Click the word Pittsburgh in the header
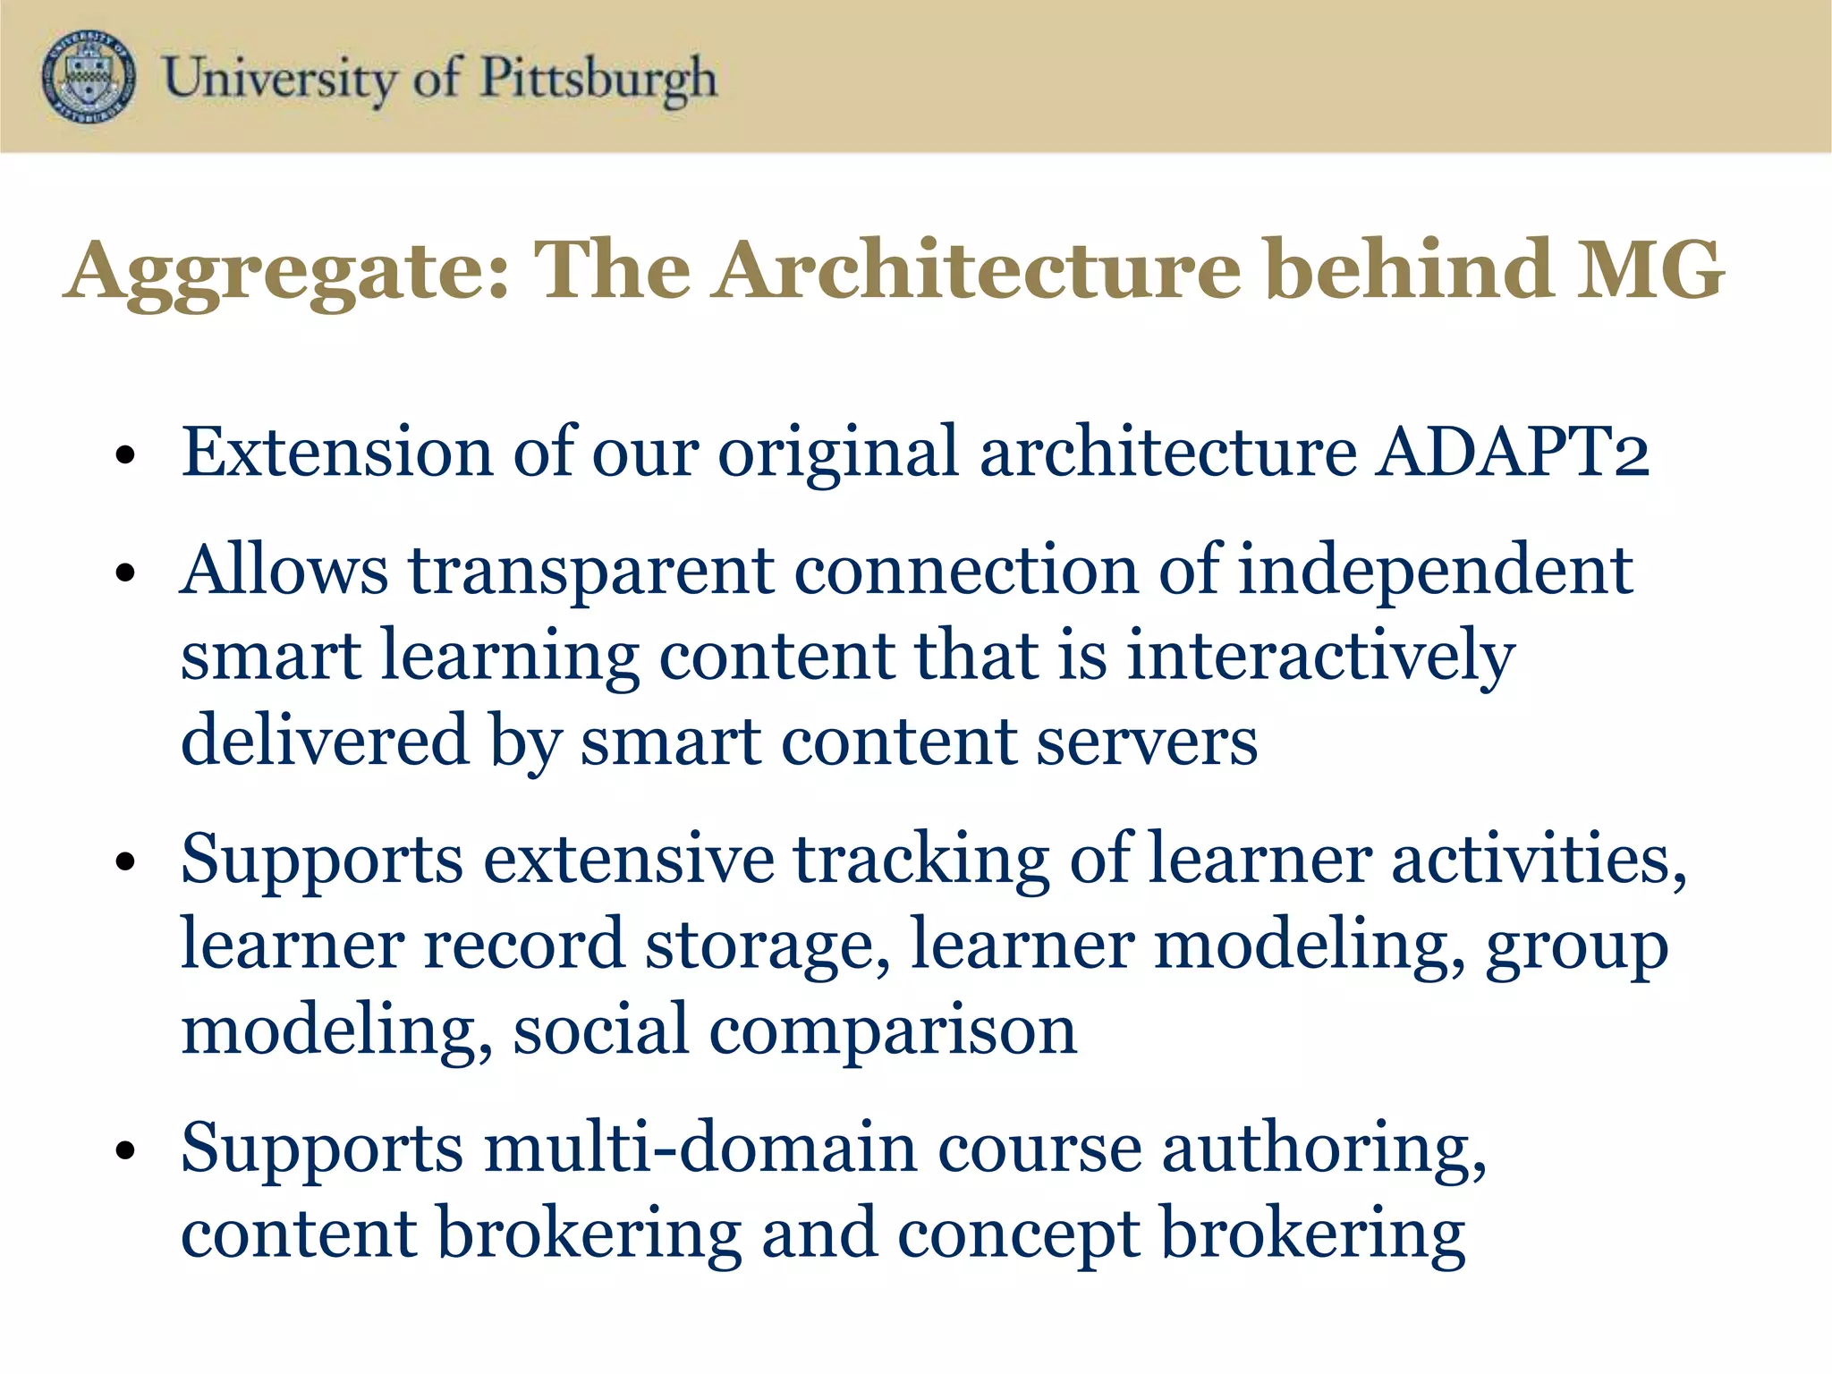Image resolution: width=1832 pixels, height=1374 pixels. [598, 79]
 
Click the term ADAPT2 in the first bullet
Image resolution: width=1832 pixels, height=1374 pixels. [1512, 452]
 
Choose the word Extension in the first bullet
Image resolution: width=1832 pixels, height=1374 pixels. [337, 452]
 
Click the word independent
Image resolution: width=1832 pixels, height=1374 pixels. [1435, 571]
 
